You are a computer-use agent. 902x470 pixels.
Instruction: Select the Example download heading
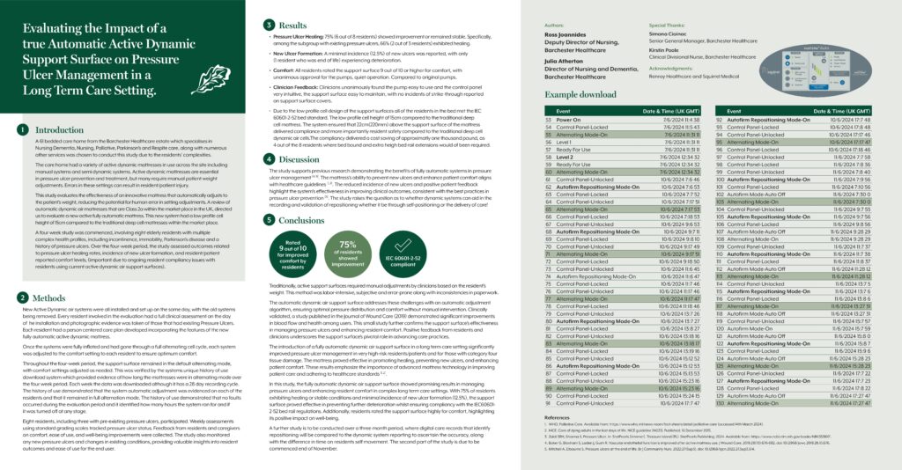pyautogui.click(x=581, y=94)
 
